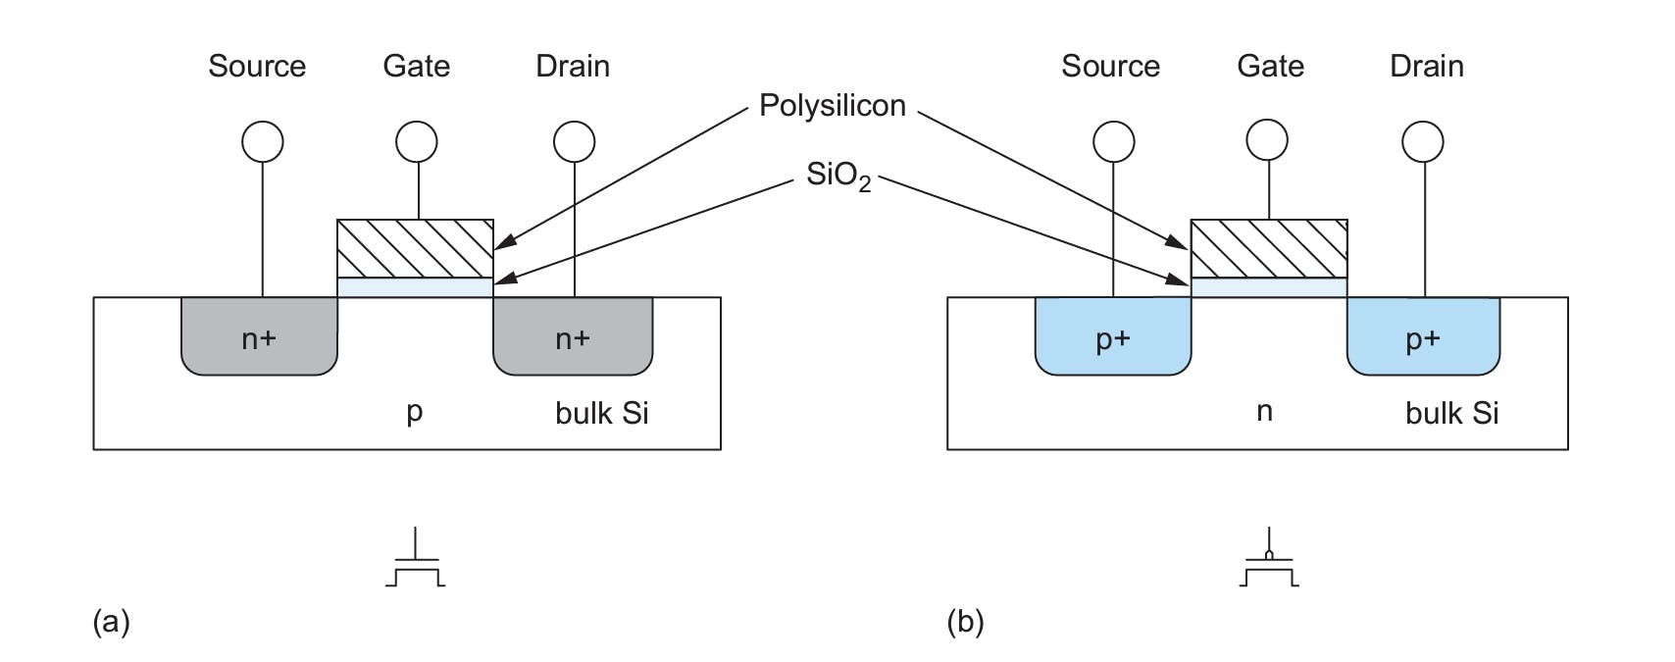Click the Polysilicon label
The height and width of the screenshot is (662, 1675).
pyautogui.click(x=832, y=105)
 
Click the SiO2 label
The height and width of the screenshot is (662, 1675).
pyautogui.click(x=837, y=176)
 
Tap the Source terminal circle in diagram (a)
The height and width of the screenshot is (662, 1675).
pyautogui.click(x=262, y=142)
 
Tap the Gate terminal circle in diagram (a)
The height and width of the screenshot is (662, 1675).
pyautogui.click(x=417, y=142)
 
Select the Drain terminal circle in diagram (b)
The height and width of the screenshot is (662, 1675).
pyautogui.click(x=1422, y=142)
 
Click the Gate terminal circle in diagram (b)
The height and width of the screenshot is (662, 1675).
pyautogui.click(x=1267, y=140)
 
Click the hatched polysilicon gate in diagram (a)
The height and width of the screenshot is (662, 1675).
pyautogui.click(x=415, y=248)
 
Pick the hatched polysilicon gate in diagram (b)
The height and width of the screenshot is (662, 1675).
pyautogui.click(x=1268, y=248)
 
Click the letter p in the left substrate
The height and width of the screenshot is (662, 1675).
pyautogui.click(x=414, y=412)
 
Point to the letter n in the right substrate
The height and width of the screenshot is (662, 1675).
pyautogui.click(x=1265, y=411)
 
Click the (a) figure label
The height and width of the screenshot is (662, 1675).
pyautogui.click(x=111, y=622)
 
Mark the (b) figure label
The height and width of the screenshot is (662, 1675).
pyautogui.click(x=965, y=622)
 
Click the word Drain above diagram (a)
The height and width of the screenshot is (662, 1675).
pyautogui.click(x=573, y=66)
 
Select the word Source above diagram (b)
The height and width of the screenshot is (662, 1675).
pyautogui.click(x=1110, y=66)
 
